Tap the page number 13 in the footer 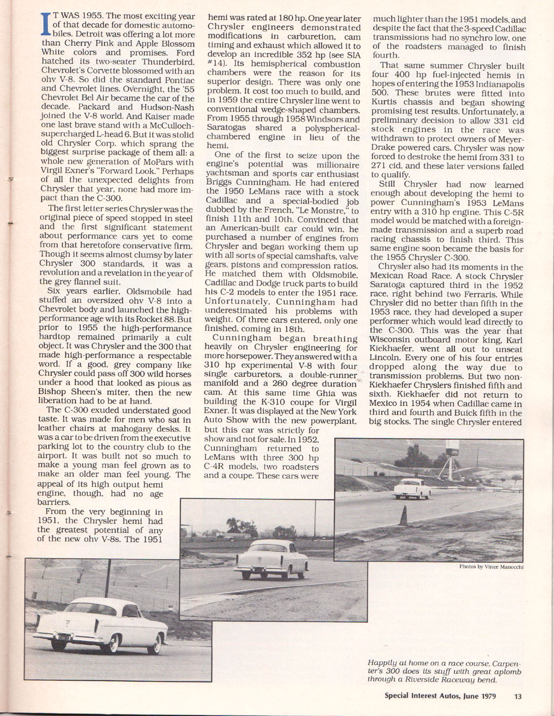518,697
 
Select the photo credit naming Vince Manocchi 491,567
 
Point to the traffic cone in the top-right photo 403,516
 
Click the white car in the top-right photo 412,488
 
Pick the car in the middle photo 272,559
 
